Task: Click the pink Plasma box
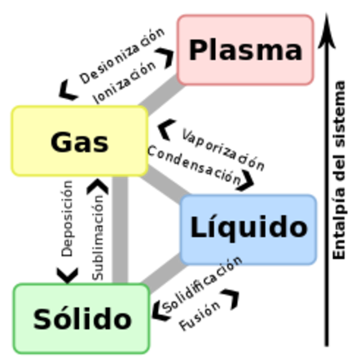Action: (x=245, y=50)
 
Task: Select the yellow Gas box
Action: (x=80, y=141)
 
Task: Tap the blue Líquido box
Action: (x=248, y=230)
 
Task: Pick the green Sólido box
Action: (x=81, y=318)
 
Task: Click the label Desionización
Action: (x=122, y=55)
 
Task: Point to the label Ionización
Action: (x=125, y=82)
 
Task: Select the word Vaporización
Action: (x=223, y=150)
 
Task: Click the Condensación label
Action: (x=195, y=164)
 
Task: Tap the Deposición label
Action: (x=67, y=218)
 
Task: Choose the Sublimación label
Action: (x=98, y=238)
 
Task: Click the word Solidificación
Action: (x=202, y=285)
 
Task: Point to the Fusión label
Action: (x=200, y=316)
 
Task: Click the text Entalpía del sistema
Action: (x=339, y=170)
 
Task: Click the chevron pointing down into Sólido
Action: (x=68, y=276)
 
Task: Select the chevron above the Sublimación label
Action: (x=98, y=186)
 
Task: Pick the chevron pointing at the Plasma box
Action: (x=166, y=58)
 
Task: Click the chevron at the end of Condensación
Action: (x=245, y=181)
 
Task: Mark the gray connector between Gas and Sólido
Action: (x=120, y=230)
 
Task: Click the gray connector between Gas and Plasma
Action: (x=162, y=95)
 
